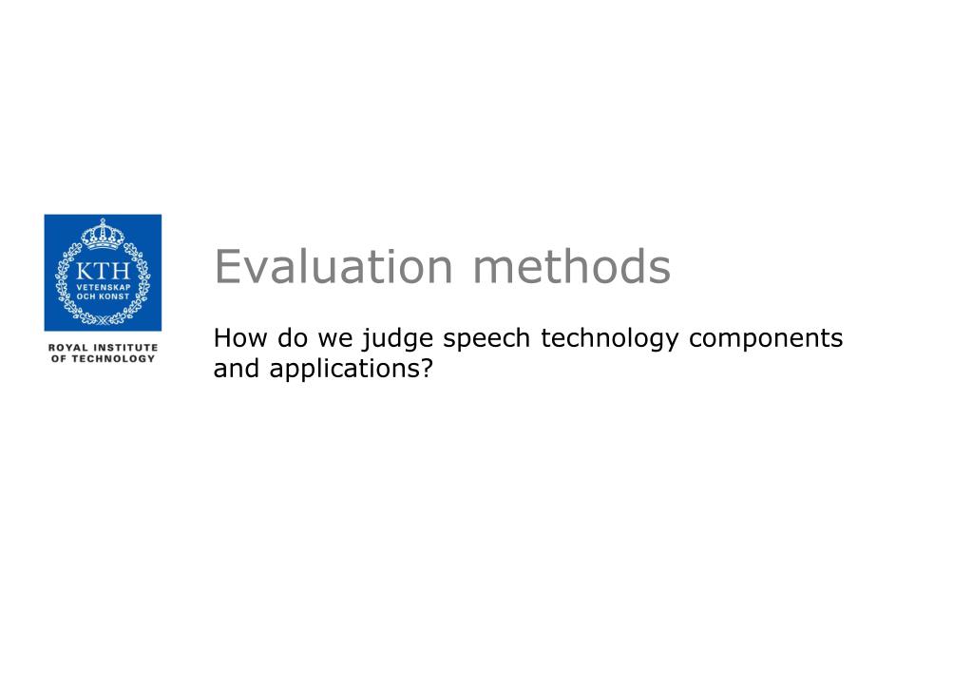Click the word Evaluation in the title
coord(334,267)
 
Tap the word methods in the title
coord(572,267)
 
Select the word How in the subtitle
coord(240,338)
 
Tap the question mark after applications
coord(426,369)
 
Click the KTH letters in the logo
coord(103,271)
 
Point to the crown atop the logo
coord(103,234)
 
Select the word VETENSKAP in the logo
coord(104,287)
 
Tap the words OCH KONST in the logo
coord(103,296)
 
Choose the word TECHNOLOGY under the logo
coord(113,358)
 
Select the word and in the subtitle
coord(237,369)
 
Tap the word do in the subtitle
coord(293,338)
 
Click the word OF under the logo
coord(59,358)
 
